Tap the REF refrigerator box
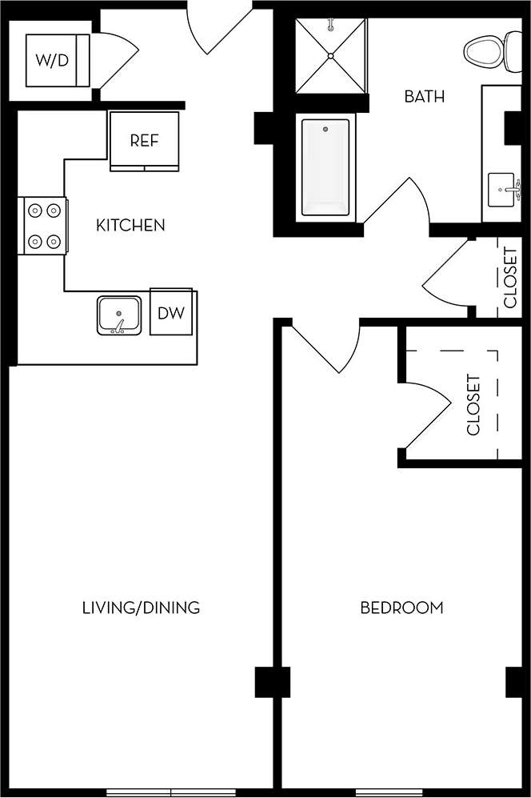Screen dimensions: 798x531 [x=144, y=141]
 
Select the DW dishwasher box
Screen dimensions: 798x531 [x=170, y=313]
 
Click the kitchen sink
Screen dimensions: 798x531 [x=119, y=315]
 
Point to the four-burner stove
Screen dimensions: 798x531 [x=44, y=225]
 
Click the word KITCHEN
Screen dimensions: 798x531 [x=130, y=226]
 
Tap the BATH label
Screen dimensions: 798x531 [x=424, y=98]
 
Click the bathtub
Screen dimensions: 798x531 [x=325, y=168]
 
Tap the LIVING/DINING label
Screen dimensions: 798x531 [x=141, y=608]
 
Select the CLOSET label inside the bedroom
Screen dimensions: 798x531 [x=473, y=405]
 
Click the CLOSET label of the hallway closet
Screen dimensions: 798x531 [x=510, y=277]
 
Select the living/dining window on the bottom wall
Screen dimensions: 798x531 [x=170, y=792]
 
